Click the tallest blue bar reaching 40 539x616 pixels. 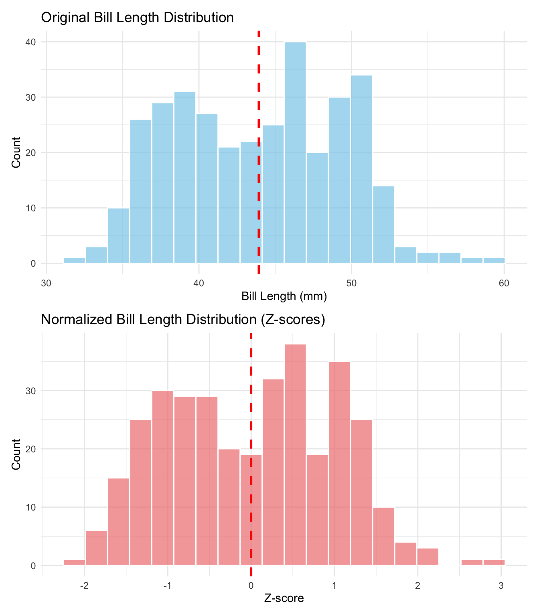(295, 152)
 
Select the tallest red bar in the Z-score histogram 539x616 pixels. (295, 455)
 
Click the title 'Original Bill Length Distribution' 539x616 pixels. (137, 17)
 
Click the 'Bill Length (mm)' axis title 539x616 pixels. (284, 296)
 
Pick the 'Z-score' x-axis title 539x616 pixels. (284, 598)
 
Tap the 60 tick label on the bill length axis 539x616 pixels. (504, 283)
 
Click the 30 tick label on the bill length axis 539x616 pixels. (47, 283)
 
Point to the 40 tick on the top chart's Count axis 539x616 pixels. (31, 42)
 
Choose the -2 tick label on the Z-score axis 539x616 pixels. (84, 585)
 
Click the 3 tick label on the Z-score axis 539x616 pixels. (500, 585)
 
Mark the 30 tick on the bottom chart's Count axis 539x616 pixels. (31, 391)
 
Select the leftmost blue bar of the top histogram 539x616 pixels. (75, 261)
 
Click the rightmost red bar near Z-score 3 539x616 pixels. (494, 563)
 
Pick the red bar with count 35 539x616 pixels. (339, 464)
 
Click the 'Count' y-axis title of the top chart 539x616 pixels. (16, 152)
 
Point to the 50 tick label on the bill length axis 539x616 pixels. (351, 283)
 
